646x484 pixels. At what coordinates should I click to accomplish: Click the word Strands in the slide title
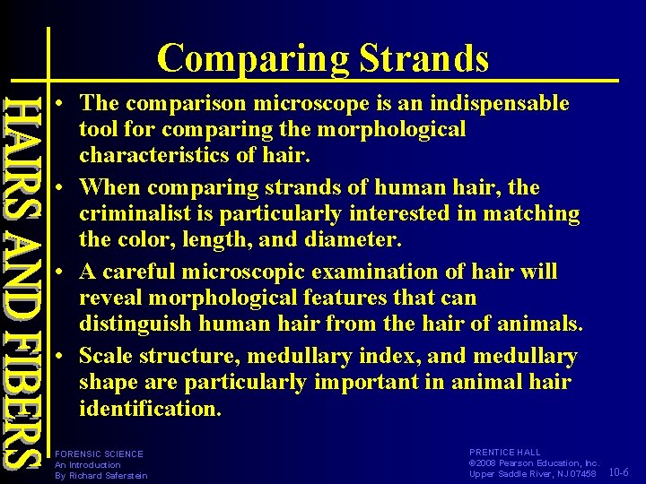[424, 58]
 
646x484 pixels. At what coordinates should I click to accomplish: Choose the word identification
[149, 409]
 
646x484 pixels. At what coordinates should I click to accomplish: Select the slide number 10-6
[618, 472]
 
